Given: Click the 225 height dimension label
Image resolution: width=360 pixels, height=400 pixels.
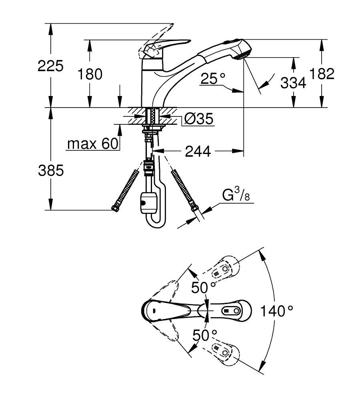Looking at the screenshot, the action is [50, 66].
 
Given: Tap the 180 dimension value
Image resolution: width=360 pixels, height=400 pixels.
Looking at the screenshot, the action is [90, 74].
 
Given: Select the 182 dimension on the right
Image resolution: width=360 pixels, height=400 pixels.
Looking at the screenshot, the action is [322, 74].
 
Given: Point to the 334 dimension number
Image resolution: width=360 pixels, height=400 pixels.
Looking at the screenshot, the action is [293, 83].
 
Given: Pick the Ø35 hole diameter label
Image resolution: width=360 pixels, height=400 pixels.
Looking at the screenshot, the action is [198, 119].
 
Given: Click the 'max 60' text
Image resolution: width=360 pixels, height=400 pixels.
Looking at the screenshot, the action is [93, 144].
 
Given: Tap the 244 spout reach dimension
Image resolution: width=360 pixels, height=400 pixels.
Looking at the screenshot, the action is [198, 151].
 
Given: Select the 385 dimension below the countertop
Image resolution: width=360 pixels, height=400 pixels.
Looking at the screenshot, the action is [51, 170].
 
